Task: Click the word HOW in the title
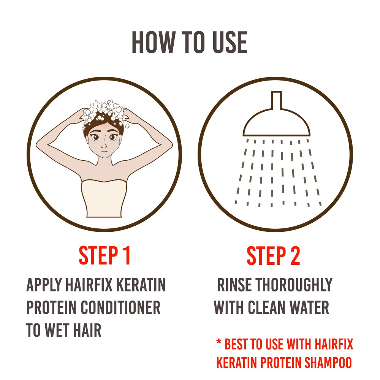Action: (x=154, y=42)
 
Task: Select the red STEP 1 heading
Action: (x=105, y=255)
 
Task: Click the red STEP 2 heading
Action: (x=273, y=255)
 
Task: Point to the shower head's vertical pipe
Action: (x=277, y=100)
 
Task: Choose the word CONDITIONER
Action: (x=120, y=307)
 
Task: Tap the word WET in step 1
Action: (x=57, y=330)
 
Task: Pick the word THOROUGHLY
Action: (x=294, y=285)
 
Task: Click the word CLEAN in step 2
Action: (x=266, y=307)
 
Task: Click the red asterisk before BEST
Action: (x=218, y=342)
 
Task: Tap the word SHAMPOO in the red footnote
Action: (x=328, y=363)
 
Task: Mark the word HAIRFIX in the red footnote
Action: (x=334, y=344)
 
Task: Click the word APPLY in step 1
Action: (x=44, y=285)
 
